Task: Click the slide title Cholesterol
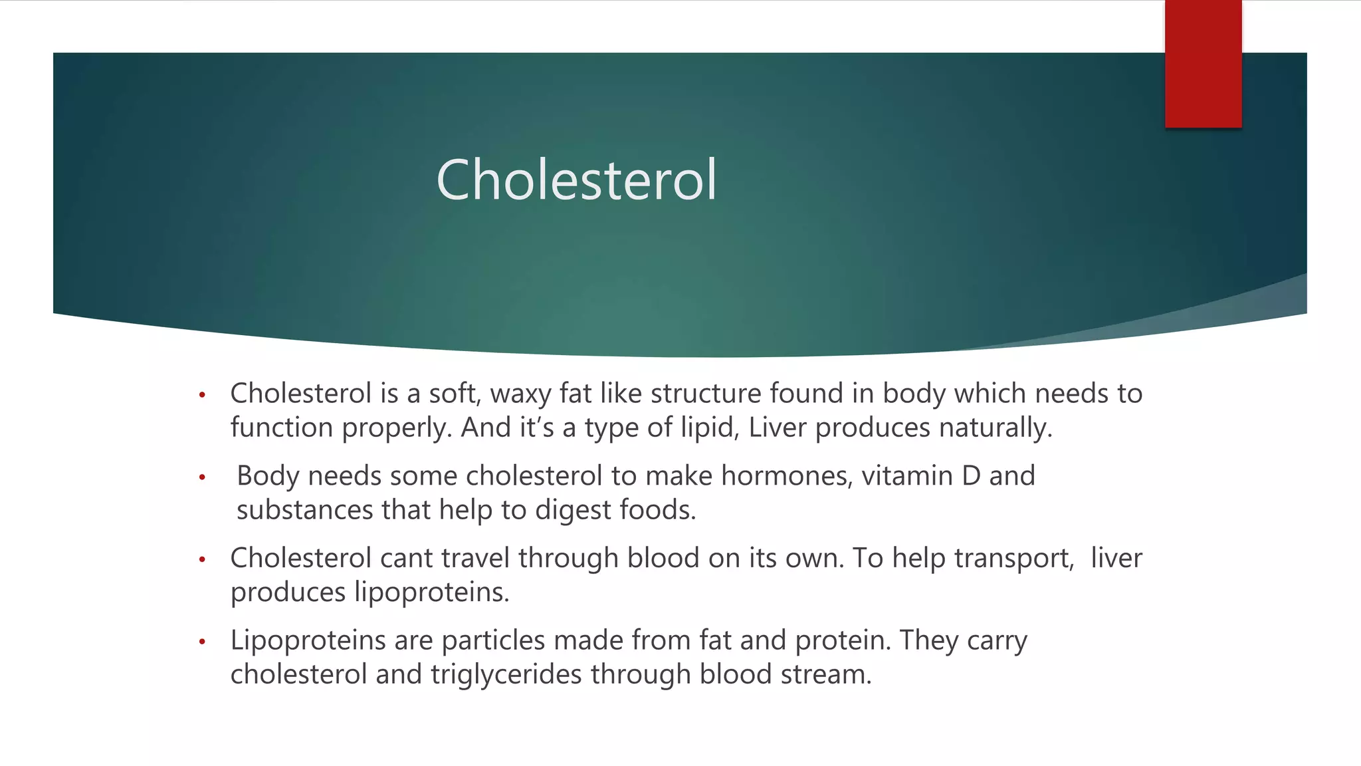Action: coord(576,180)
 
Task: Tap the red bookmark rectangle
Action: coord(1203,64)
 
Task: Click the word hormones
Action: coord(787,476)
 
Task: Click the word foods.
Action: coord(657,510)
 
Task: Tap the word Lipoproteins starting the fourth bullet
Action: coord(308,640)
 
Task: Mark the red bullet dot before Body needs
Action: coord(202,477)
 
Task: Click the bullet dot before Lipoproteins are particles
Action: coord(202,642)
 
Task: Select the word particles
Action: coord(493,641)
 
